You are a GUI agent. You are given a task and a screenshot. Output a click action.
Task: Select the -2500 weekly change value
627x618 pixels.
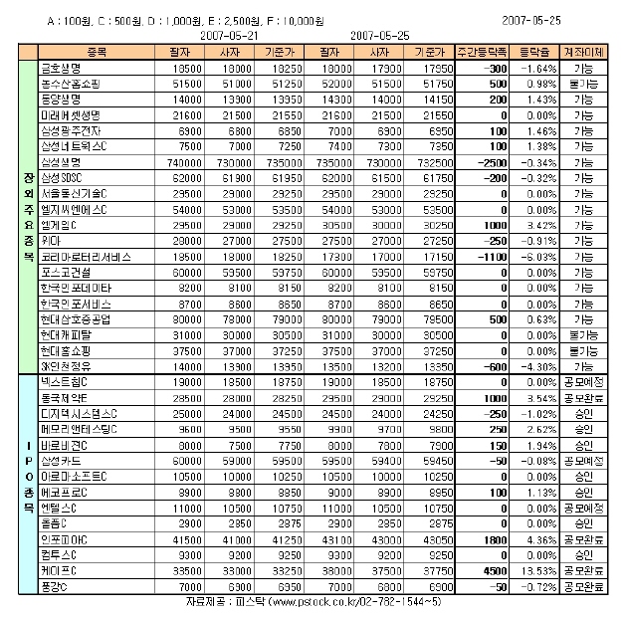tap(490, 161)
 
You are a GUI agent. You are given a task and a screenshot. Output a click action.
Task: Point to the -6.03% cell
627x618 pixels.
tap(540, 256)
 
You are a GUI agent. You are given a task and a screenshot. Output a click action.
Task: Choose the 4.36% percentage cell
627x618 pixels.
tap(540, 538)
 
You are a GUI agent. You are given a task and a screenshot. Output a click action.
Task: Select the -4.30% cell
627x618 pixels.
tap(540, 366)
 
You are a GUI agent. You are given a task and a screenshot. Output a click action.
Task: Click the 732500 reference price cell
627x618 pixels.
tap(426, 161)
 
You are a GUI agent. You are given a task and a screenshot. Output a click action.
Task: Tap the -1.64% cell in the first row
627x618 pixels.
tap(540, 67)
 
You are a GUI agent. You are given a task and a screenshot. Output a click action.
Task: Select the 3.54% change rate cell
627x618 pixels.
tap(540, 397)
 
